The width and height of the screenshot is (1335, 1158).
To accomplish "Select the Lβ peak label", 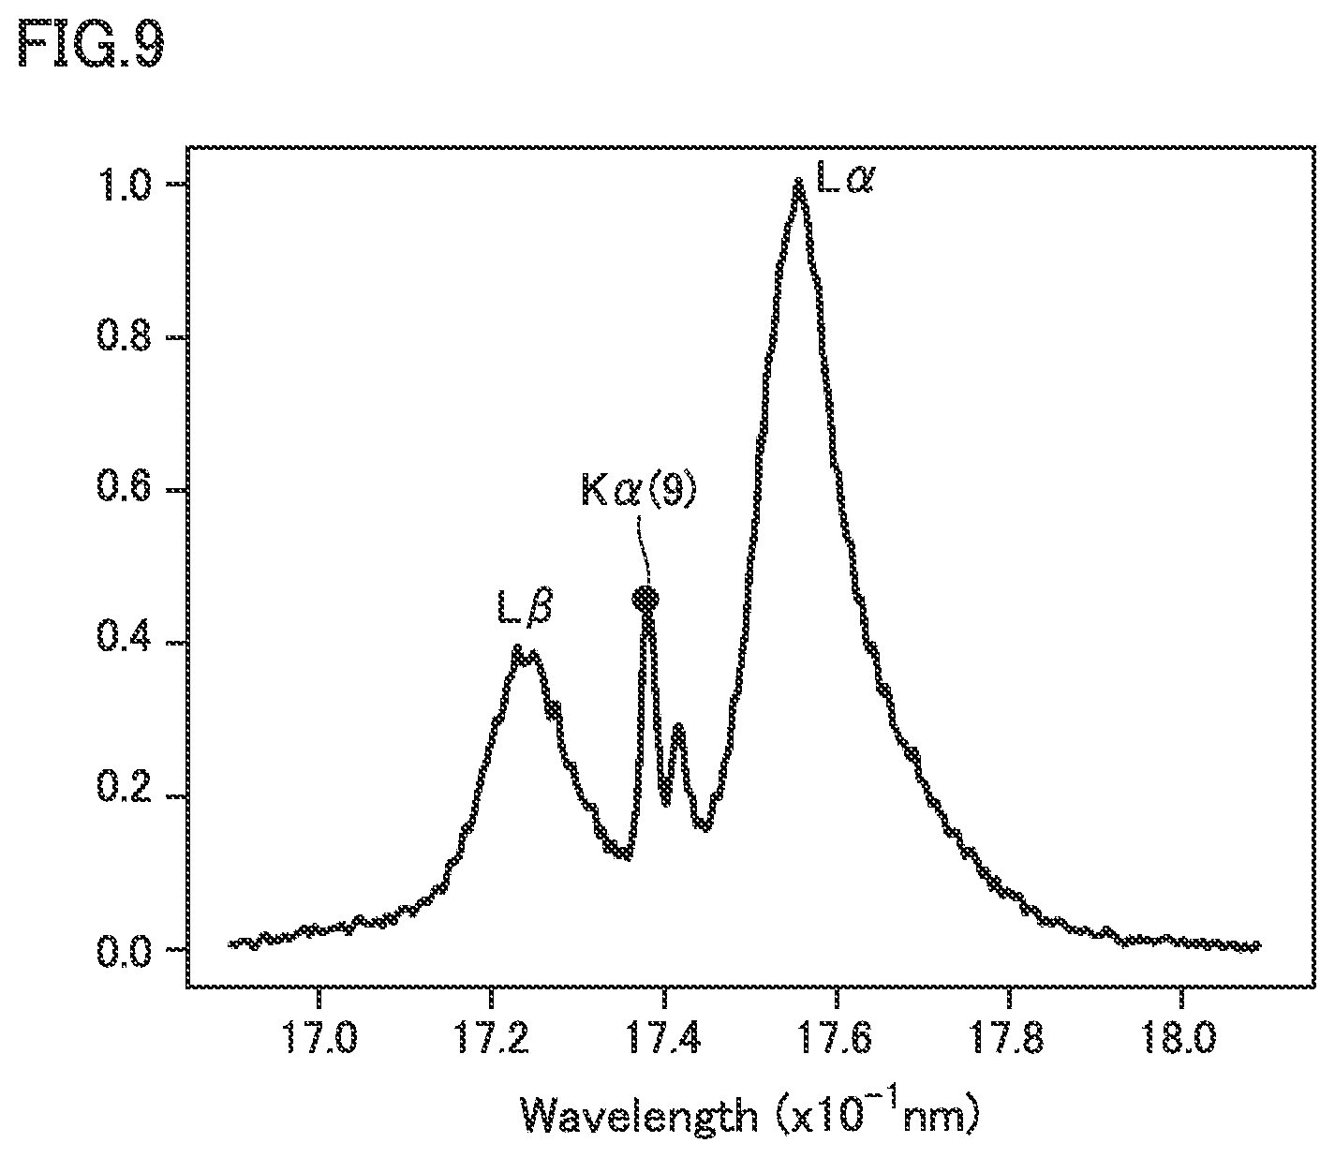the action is click(x=526, y=606).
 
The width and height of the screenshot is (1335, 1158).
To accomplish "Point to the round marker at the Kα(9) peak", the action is click(x=646, y=598).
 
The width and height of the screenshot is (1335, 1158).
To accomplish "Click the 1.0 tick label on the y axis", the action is click(x=124, y=186).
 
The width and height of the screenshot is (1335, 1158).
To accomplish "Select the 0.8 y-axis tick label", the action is click(x=124, y=338).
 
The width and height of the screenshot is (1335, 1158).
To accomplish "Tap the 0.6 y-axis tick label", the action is click(x=124, y=491).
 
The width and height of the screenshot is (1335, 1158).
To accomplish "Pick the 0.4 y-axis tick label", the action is click(x=124, y=644).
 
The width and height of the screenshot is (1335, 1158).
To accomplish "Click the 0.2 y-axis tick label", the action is click(x=124, y=796).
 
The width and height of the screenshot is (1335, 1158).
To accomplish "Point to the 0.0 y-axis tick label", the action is click(x=124, y=949).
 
